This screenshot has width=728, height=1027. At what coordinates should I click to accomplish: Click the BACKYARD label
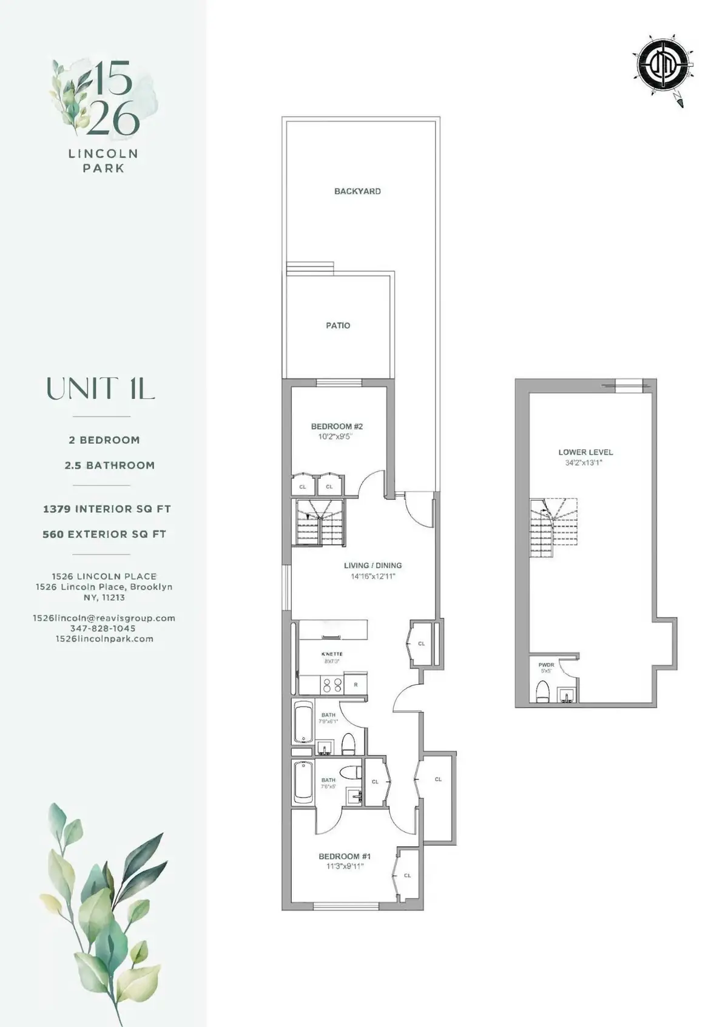click(357, 191)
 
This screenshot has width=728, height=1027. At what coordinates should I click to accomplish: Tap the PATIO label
click(338, 325)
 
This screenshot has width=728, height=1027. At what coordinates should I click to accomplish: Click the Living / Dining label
click(372, 565)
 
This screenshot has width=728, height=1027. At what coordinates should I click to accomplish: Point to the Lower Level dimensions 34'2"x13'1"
click(585, 463)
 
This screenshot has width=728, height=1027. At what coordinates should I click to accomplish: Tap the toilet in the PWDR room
click(543, 691)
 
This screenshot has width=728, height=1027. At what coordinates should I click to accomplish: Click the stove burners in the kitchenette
click(332, 685)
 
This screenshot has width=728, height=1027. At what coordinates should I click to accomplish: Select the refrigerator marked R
click(356, 685)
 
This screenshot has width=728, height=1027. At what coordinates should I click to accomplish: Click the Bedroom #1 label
click(345, 856)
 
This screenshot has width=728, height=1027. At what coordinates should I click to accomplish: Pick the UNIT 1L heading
click(101, 389)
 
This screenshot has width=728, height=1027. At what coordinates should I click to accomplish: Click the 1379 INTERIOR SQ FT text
click(107, 509)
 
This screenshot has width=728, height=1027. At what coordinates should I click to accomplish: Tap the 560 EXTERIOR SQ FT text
click(104, 534)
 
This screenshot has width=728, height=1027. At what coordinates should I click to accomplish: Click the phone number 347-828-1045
click(103, 628)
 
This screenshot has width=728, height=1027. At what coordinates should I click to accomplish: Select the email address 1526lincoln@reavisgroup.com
click(104, 618)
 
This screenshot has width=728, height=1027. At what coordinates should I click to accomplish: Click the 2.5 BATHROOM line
click(109, 465)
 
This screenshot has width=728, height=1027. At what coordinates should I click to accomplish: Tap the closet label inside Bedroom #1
click(407, 875)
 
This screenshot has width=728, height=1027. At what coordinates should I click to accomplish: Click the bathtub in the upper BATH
click(303, 722)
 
